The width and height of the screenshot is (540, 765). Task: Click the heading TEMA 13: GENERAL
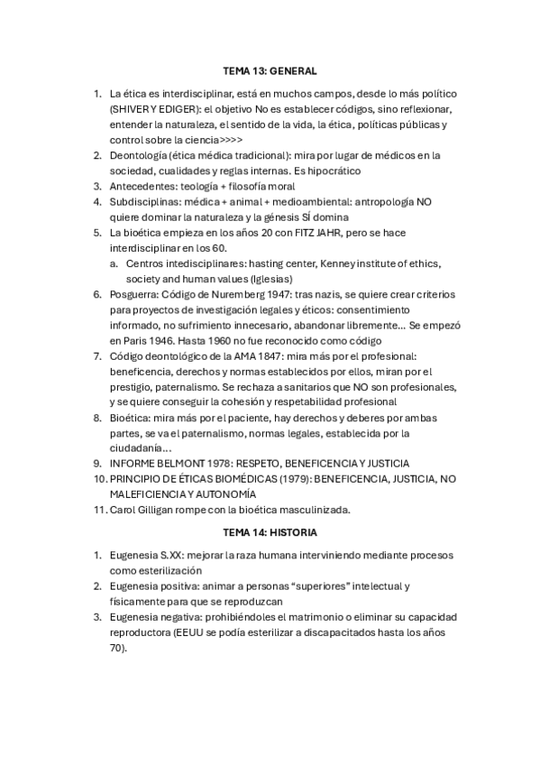pos(270,69)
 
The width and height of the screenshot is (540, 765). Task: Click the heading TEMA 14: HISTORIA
pos(270,533)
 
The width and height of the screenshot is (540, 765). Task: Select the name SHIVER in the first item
pos(127,109)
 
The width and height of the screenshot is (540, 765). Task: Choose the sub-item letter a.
pos(114,263)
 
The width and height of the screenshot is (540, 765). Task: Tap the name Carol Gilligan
pos(141,510)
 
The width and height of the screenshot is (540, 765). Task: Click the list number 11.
pos(99,510)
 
